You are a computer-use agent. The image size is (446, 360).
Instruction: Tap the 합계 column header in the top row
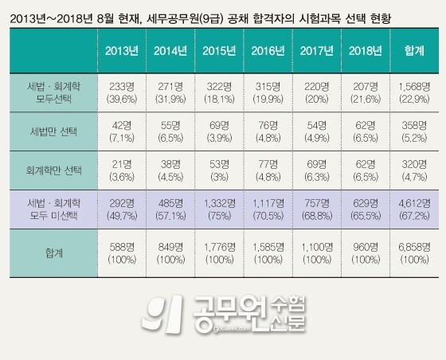pos(414,50)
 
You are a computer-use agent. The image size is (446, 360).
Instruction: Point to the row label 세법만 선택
pos(49,128)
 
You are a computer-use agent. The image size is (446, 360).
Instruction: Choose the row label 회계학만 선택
pos(49,170)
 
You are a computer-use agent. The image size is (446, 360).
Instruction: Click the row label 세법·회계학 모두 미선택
pos(49,211)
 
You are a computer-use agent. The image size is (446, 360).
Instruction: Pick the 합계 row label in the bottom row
pos(49,252)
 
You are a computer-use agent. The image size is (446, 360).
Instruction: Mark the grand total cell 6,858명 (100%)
pos(414,252)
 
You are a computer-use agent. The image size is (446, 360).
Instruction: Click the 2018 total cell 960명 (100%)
pos(366,252)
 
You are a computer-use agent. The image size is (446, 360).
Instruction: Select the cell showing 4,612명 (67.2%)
pos(414,211)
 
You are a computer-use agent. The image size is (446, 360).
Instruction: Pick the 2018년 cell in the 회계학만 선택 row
pos(366,170)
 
